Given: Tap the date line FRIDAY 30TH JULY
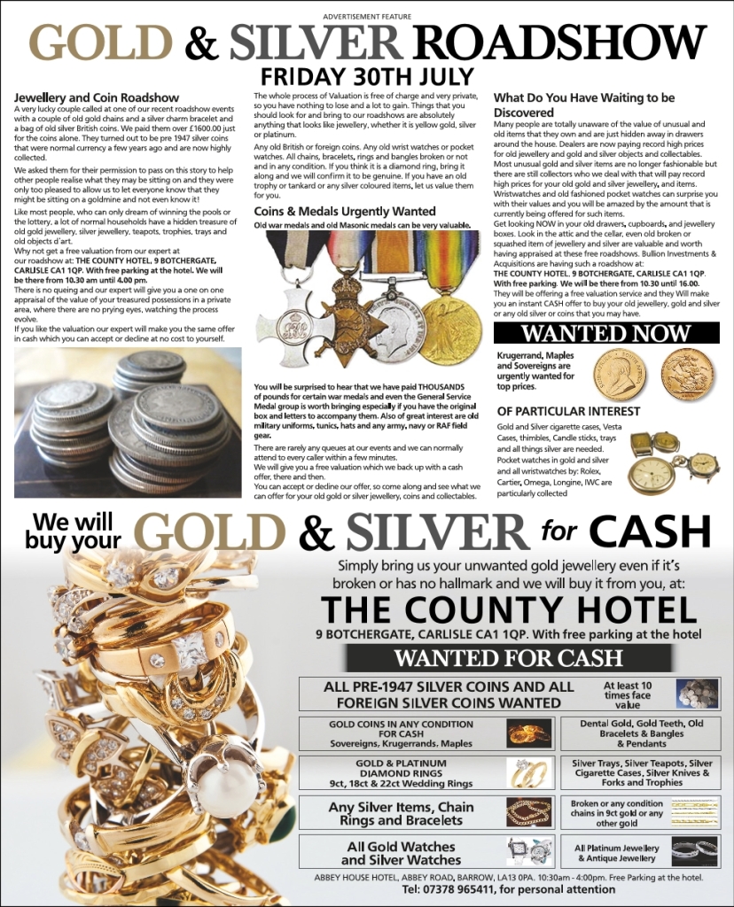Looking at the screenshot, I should (x=366, y=77).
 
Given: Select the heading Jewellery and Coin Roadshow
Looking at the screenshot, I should (x=97, y=97).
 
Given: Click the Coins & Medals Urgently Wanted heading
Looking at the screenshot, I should (x=345, y=212).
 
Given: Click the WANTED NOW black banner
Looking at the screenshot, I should (x=605, y=333).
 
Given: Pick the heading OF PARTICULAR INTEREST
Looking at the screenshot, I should (x=568, y=412).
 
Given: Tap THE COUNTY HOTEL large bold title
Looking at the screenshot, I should (x=509, y=609).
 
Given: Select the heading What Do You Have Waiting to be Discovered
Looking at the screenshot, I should (x=584, y=105).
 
